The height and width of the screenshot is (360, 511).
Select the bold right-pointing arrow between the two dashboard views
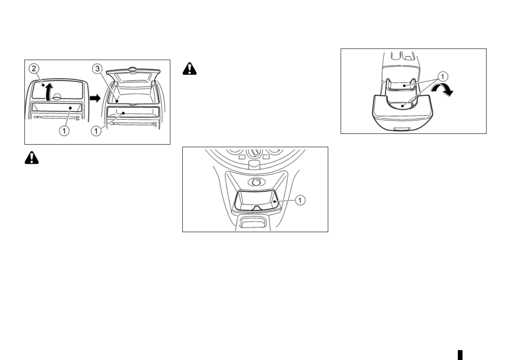pyautogui.click(x=94, y=98)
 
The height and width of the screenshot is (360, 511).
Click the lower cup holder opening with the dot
pyautogui.click(x=402, y=105)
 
